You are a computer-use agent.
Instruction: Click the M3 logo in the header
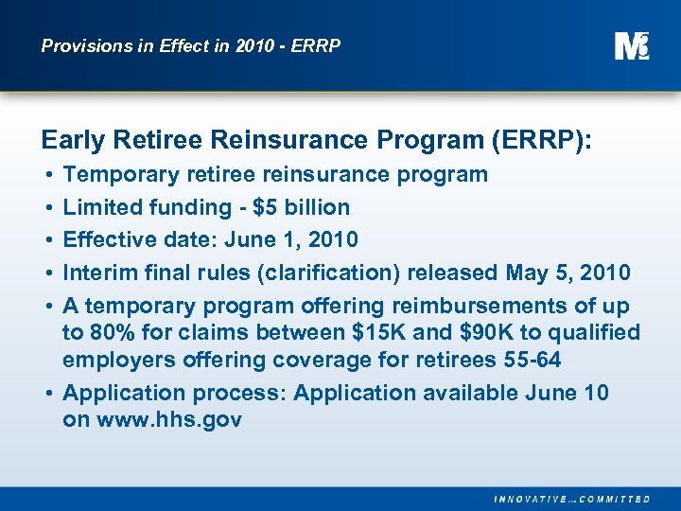coord(632,45)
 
